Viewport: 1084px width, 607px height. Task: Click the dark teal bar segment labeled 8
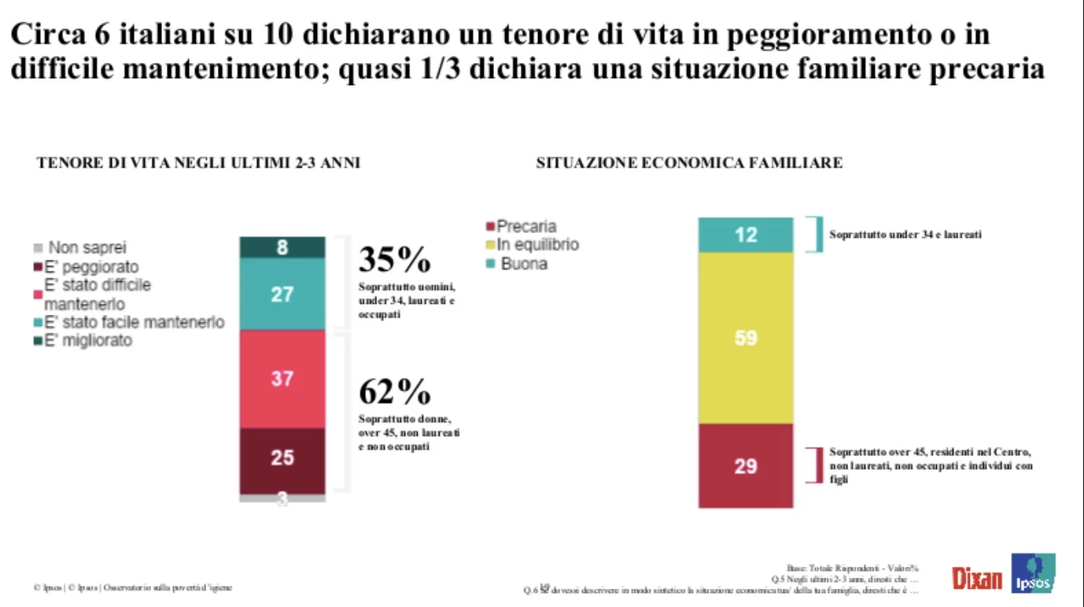(282, 247)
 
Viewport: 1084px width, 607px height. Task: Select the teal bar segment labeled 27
(282, 294)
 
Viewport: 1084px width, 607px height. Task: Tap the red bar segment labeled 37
(282, 379)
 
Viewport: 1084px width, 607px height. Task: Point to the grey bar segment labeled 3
(282, 498)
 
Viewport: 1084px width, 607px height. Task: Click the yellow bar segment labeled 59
(746, 338)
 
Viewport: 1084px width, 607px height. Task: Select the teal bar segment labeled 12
(746, 235)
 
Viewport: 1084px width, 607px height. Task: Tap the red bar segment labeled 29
(746, 465)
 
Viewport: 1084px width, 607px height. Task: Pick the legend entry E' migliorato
(87, 341)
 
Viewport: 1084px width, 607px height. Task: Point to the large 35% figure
(395, 259)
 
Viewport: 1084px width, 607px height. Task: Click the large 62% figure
(395, 390)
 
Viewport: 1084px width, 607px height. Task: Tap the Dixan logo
(977, 579)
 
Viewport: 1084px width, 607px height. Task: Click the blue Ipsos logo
(1032, 573)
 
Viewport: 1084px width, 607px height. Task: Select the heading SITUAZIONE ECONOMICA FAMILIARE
(689, 164)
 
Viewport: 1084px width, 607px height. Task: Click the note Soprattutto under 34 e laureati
(905, 235)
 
